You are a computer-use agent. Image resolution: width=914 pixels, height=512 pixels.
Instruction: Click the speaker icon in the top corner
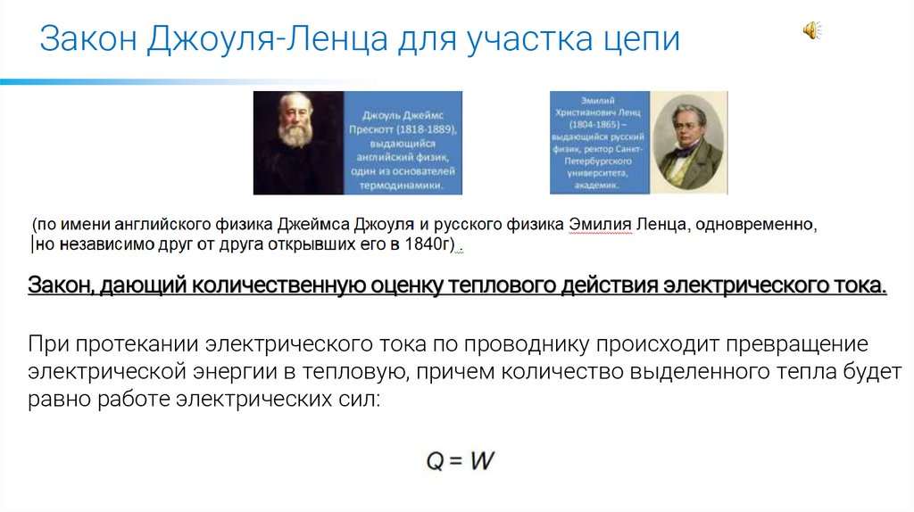811,30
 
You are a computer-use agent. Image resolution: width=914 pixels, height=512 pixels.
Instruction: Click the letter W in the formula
481,461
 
